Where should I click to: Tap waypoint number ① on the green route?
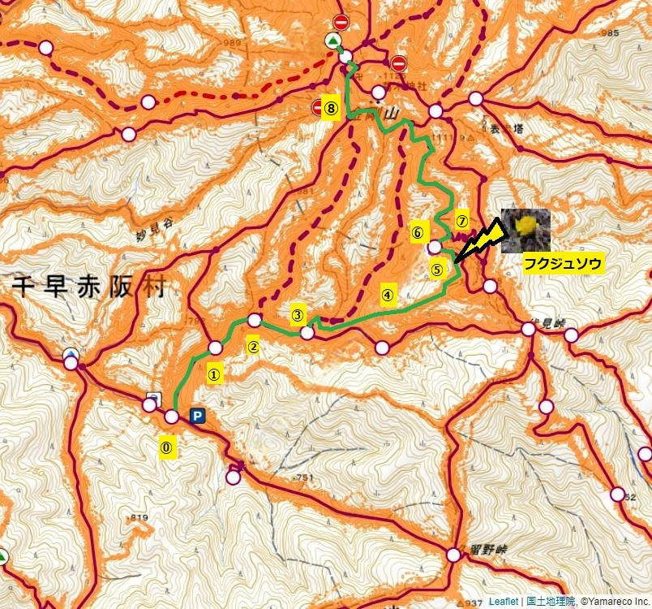214,374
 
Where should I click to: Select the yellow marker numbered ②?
253,347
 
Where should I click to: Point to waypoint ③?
298,314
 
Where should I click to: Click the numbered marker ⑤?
437,270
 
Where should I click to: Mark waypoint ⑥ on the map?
418,231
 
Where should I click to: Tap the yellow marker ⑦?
461,220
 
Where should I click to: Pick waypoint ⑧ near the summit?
330,106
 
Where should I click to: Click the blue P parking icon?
196,416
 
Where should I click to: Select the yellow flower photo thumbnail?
525,228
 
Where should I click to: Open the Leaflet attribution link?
503,602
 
